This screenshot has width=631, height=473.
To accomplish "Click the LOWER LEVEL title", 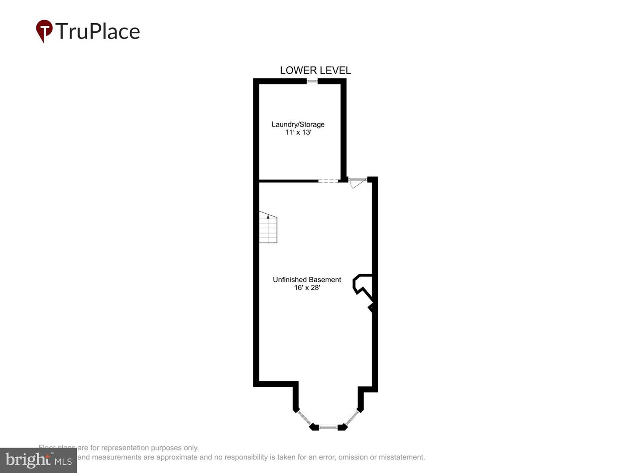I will coord(315,70).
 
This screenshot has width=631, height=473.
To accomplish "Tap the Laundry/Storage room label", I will coord(298,124).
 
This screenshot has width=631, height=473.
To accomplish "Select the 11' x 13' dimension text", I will coord(298,132).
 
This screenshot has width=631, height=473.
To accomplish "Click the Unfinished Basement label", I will coord(307,279).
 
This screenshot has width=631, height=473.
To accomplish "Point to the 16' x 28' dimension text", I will coord(307,288).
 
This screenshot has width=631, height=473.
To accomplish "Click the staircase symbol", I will coord(268,228).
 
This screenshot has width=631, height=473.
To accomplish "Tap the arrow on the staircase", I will coord(268,216).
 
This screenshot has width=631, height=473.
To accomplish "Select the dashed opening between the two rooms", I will coord(328,180).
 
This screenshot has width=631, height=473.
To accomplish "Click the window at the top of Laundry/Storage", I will coord(312,81).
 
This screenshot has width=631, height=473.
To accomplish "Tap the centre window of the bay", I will coord(328,427).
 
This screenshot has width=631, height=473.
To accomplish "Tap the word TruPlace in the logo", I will coord(98,32).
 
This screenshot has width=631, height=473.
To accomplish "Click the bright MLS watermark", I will coord(39,460).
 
